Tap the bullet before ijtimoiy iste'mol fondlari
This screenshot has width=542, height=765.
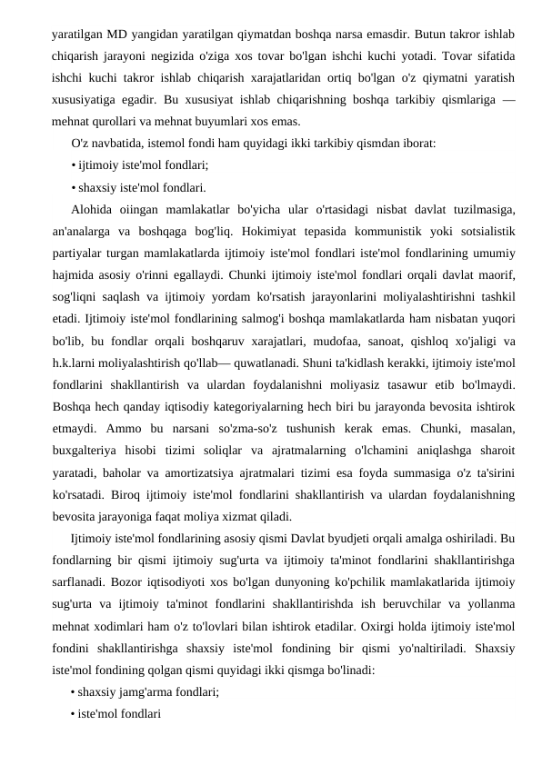click(73, 165)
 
